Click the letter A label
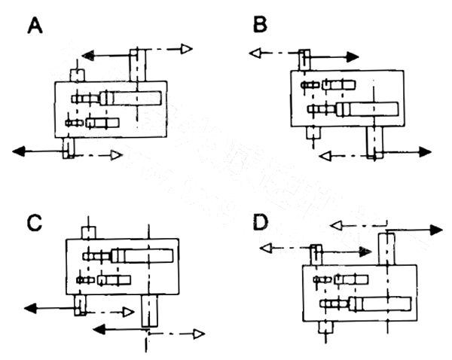click(x=35, y=26)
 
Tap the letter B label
click(x=260, y=26)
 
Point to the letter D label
click(x=260, y=223)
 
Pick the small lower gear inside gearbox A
click(x=102, y=122)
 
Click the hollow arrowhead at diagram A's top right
click(x=186, y=49)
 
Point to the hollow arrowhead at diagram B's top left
click(x=255, y=53)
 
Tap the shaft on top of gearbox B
click(x=305, y=59)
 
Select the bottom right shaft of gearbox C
click(x=150, y=310)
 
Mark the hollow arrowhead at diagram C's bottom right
click(x=198, y=334)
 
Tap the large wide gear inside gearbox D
click(x=381, y=304)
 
